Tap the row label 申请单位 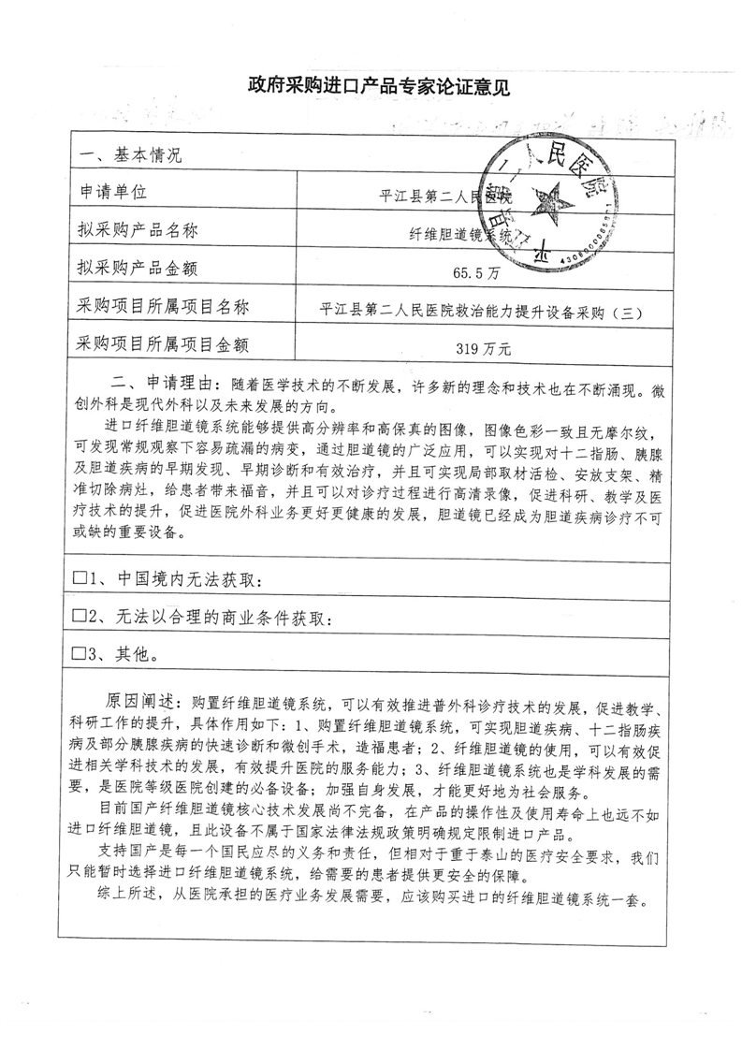click(115, 193)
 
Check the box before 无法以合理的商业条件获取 click(80, 617)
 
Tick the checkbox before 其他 click(80, 654)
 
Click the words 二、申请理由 click(166, 386)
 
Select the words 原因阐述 click(139, 702)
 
